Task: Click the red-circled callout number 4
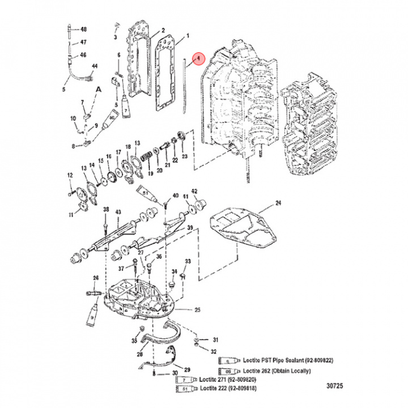coord(198,58)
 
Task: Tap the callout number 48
coord(83,29)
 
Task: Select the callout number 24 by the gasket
coord(278,203)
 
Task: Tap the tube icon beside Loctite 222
coord(187,390)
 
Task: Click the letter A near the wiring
coord(98,89)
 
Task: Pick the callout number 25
coord(198,310)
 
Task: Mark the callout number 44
coord(95,66)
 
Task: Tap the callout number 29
coord(188,369)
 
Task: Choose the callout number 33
coord(188,261)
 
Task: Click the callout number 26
coord(96,278)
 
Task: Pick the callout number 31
coord(215,340)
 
